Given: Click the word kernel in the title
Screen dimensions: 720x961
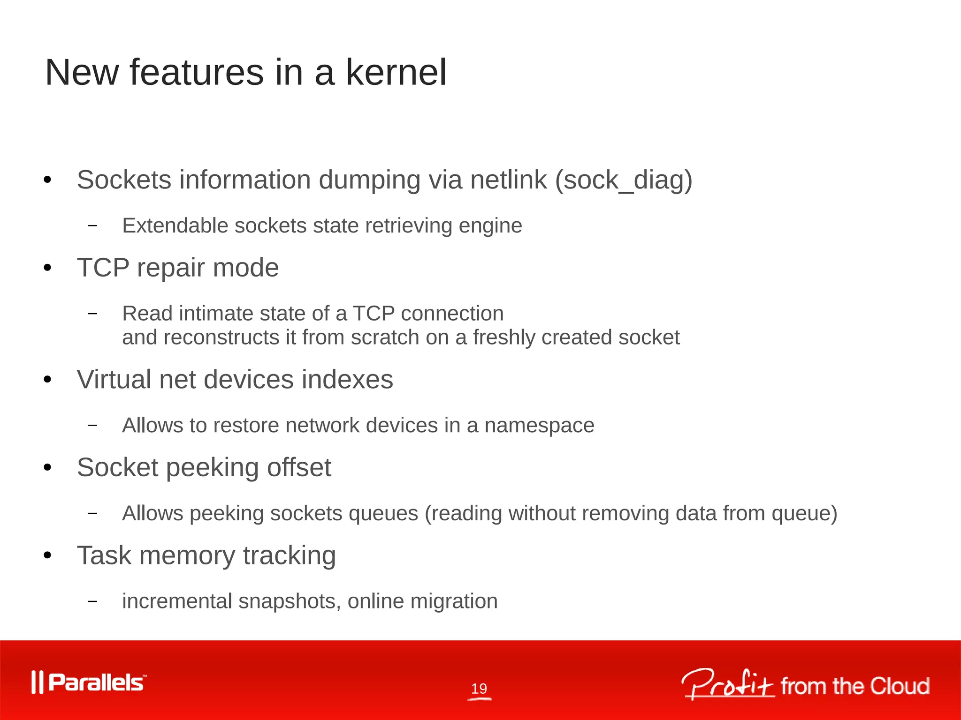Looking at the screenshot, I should click(x=396, y=73).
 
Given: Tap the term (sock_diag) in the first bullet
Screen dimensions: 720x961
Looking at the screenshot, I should click(x=624, y=180).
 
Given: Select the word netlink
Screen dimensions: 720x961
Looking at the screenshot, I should click(x=509, y=180).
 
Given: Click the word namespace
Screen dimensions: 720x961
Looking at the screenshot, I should click(x=539, y=426).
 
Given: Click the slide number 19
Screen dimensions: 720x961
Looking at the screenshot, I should click(x=479, y=689).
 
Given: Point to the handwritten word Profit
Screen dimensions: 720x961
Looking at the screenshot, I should click(x=727, y=684).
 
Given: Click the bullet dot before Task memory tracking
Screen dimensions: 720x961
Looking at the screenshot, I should click(x=47, y=556).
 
